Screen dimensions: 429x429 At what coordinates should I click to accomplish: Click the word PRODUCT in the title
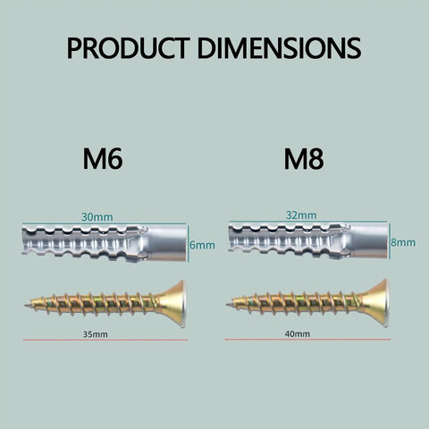click(x=129, y=47)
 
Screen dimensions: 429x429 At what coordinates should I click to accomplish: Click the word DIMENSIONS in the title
click(x=279, y=47)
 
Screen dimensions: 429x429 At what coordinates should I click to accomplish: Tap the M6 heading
click(x=103, y=159)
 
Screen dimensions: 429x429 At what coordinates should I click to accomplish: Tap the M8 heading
click(x=304, y=159)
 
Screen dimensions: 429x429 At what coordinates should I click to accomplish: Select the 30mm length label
click(x=97, y=217)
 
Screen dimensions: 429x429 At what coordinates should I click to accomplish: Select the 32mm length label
click(x=301, y=214)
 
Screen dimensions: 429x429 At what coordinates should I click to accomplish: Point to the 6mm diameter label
click(x=202, y=245)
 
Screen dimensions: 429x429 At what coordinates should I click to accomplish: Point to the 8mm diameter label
click(x=403, y=242)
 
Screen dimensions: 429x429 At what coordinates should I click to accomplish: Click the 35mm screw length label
click(x=95, y=334)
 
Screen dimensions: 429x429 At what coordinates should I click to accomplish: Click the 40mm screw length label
click(x=297, y=333)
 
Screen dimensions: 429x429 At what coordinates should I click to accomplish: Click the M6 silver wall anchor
click(x=105, y=243)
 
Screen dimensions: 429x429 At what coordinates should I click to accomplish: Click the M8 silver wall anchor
click(x=308, y=241)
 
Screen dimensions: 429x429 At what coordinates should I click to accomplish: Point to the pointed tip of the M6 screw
click(x=25, y=305)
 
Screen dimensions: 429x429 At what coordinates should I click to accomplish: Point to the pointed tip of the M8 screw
click(x=227, y=305)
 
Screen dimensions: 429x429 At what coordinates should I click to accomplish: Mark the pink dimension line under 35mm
click(x=105, y=340)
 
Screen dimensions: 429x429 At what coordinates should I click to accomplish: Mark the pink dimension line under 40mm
click(x=307, y=340)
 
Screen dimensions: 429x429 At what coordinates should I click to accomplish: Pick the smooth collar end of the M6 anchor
click(x=168, y=243)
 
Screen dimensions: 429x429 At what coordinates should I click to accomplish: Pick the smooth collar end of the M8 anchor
click(x=370, y=241)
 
